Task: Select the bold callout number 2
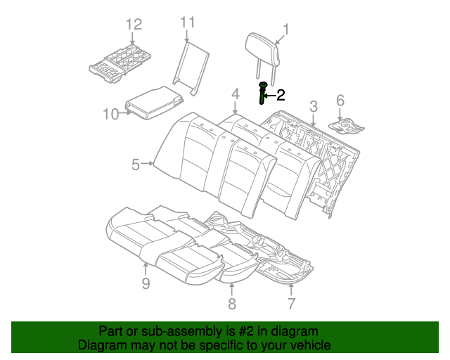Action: (x=281, y=95)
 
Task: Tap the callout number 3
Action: (x=314, y=106)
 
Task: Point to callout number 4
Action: (x=235, y=94)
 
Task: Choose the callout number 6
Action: (x=340, y=101)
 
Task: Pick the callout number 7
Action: (x=291, y=303)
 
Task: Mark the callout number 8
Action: (x=231, y=303)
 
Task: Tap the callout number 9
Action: (x=146, y=283)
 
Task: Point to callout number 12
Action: (x=134, y=25)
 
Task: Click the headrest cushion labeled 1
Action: (x=265, y=46)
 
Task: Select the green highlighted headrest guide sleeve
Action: (x=263, y=93)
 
